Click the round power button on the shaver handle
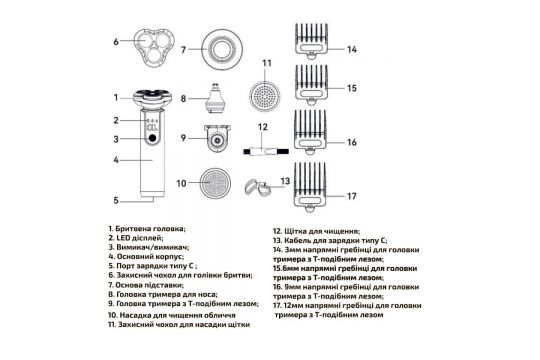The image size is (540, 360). click(152, 138)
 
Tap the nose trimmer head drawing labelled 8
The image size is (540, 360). click(215, 98)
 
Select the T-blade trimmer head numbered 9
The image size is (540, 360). click(217, 138)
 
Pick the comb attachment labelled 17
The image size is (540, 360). click(310, 186)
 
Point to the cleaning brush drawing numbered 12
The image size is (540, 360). click(266, 151)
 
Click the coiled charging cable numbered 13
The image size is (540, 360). click(257, 187)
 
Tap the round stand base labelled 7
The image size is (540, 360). click(222, 50)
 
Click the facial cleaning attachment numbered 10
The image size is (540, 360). click(215, 183)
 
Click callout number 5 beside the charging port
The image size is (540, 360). click(116, 200)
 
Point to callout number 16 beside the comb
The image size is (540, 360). click(352, 142)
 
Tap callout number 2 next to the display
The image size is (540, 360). click(116, 120)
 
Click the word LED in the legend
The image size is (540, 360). click(122, 238)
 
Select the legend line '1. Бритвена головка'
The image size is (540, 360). click(147, 229)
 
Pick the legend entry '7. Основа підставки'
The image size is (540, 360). click(146, 285)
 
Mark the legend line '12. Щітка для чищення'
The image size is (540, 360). click(316, 231)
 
